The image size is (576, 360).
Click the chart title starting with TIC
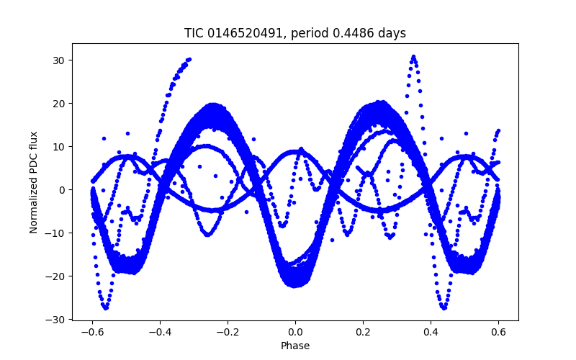pyautogui.click(x=295, y=33)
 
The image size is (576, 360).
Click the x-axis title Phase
pyautogui.click(x=295, y=346)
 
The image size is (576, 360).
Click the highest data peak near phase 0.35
pyautogui.click(x=413, y=56)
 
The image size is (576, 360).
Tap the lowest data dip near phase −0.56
pyautogui.click(x=106, y=307)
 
